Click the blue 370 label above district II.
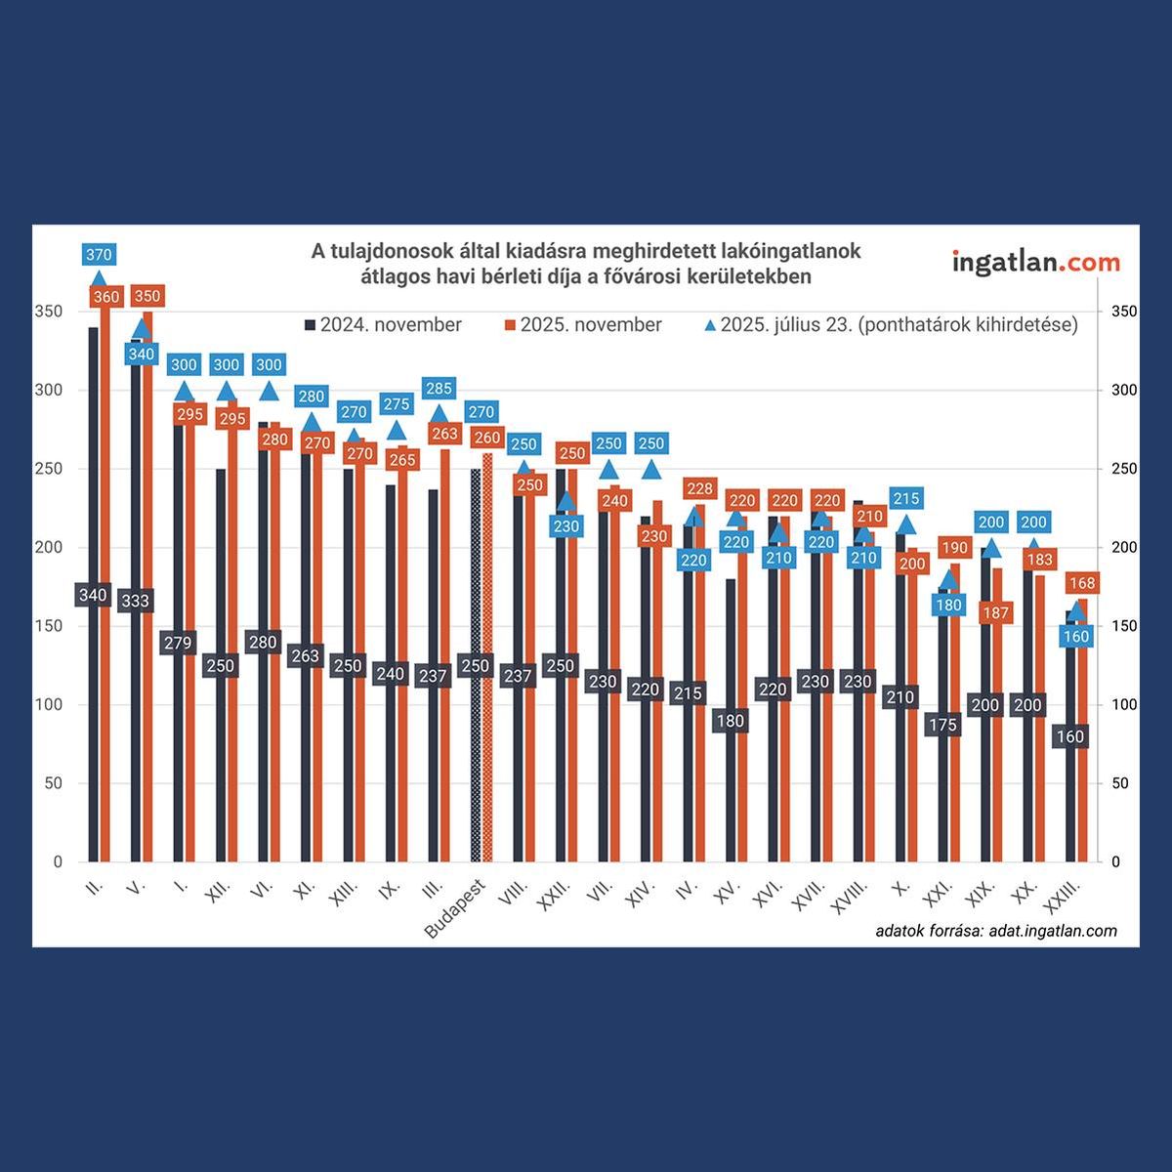[x=99, y=255]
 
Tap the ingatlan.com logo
[x=1035, y=262]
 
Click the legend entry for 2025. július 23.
[x=891, y=325]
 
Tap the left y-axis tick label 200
[x=50, y=548]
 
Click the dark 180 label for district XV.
[x=731, y=722]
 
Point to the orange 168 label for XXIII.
[x=1082, y=584]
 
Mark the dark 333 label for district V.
[x=135, y=601]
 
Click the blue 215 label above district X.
[x=906, y=499]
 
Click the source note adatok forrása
[x=996, y=931]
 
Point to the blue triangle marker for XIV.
[x=650, y=470]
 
